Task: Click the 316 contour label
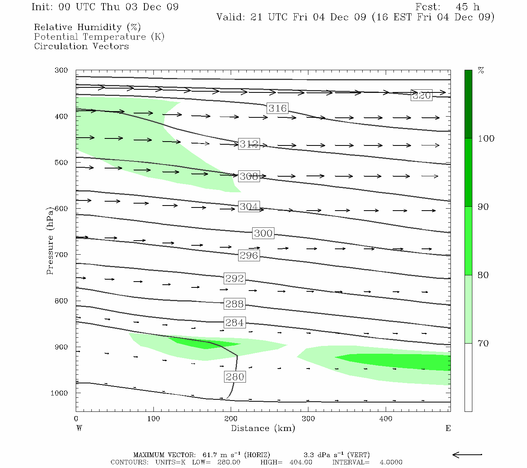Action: [278, 108]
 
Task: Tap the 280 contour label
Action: [235, 377]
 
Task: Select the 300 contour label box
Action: [263, 233]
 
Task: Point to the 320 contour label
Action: [422, 95]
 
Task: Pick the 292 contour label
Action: [235, 278]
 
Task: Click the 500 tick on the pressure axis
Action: [61, 163]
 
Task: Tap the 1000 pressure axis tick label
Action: [59, 393]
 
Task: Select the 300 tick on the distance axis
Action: [308, 419]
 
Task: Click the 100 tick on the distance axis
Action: [153, 419]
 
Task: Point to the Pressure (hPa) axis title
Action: [50, 241]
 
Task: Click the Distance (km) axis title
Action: [263, 428]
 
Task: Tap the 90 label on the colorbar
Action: [483, 207]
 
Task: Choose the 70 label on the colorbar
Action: [483, 343]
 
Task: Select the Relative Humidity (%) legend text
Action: [87, 27]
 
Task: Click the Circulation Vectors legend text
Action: [81, 46]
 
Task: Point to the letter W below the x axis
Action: [79, 428]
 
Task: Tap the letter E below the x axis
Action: [448, 428]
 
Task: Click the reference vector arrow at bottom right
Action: [467, 454]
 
